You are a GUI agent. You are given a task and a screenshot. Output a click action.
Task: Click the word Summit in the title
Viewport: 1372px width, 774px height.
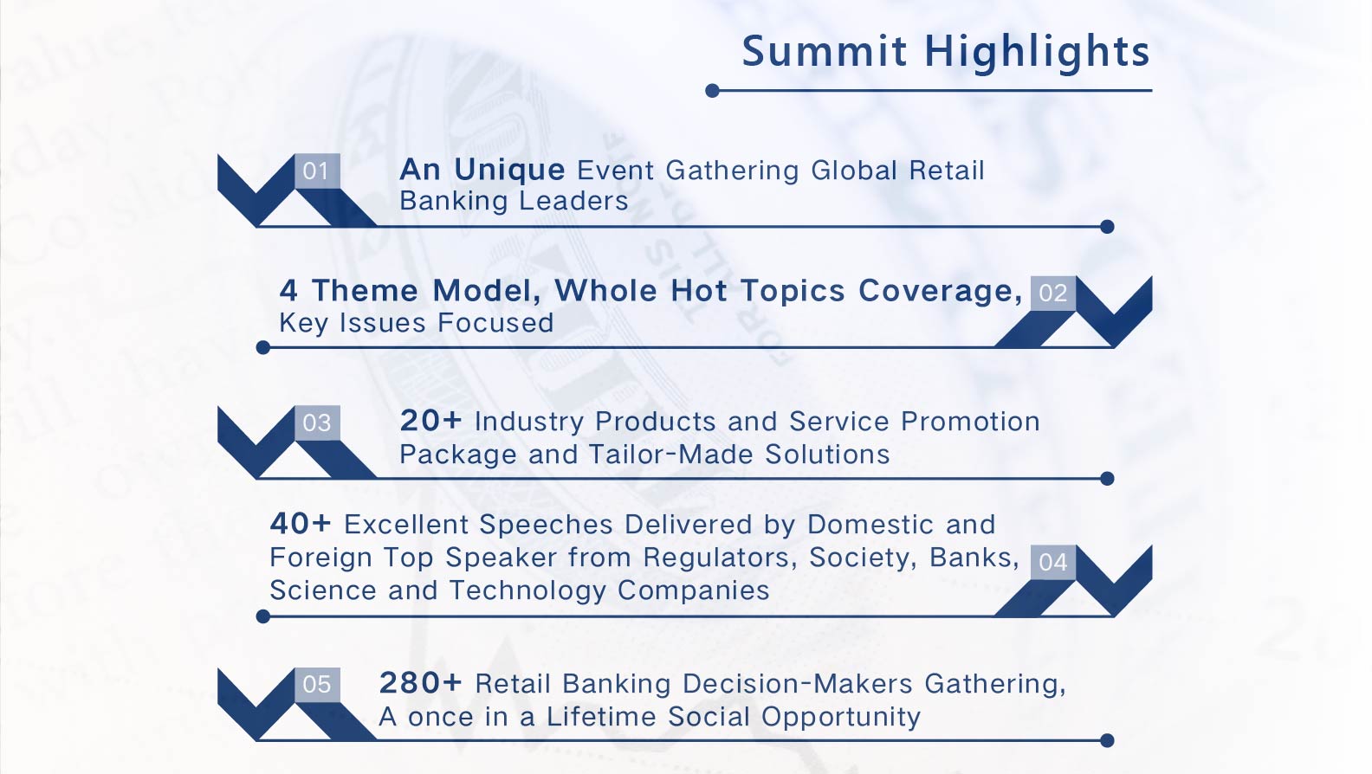[x=824, y=51]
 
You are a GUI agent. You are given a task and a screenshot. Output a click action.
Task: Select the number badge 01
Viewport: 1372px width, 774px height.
[x=317, y=171]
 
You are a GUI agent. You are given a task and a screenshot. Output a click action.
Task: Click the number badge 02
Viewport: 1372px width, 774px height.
[x=1053, y=293]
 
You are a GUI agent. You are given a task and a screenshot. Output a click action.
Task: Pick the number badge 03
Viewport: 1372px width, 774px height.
[x=317, y=422]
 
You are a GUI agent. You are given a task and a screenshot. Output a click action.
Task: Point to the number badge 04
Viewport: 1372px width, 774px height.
[x=1053, y=562]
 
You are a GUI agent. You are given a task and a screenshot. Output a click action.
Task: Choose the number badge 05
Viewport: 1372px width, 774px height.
[x=317, y=685]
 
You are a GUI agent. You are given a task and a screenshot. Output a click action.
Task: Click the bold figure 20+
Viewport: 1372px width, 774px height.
[x=430, y=421]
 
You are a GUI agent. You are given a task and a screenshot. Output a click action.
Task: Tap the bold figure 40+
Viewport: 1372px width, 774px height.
[x=300, y=524]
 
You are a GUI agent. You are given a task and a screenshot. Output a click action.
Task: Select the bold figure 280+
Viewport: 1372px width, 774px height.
[x=420, y=683]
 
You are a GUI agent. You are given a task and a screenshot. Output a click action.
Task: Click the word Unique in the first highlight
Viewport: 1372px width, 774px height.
[x=509, y=170]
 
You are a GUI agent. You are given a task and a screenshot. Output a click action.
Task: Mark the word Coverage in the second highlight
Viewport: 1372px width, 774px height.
[x=940, y=291]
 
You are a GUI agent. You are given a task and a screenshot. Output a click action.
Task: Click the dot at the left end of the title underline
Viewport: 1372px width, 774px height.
[x=712, y=91]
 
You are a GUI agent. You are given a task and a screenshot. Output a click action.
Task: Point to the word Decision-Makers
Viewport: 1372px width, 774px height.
[x=798, y=684]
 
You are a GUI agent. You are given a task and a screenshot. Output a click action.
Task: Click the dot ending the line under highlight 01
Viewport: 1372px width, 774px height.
[x=1107, y=227]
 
